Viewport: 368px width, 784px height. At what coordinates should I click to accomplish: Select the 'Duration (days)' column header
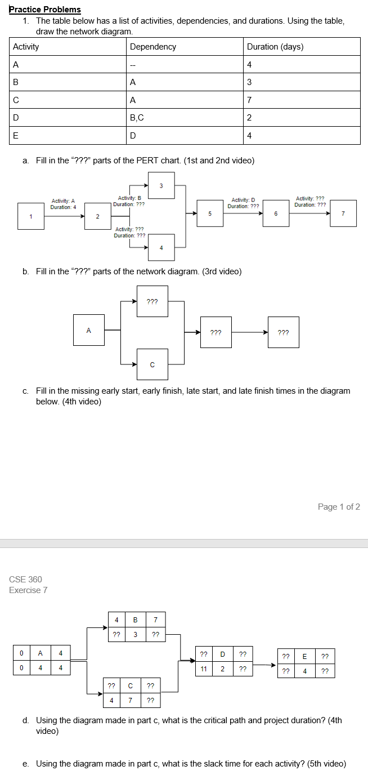[x=275, y=47]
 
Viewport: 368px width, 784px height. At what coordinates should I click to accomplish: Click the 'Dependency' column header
[x=153, y=47]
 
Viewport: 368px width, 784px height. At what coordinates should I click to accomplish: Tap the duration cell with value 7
[x=249, y=100]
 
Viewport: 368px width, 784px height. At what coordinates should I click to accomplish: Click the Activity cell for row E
[x=16, y=136]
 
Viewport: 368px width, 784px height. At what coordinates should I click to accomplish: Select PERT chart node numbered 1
[x=31, y=216]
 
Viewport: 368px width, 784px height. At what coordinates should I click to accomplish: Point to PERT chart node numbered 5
[x=210, y=213]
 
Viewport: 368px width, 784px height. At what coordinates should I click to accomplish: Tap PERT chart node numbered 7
[x=343, y=213]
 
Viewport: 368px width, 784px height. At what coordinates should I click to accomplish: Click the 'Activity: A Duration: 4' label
[x=63, y=204]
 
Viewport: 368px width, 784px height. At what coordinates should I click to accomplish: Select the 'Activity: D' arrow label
[x=243, y=201]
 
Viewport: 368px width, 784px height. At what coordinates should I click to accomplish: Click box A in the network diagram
[x=88, y=330]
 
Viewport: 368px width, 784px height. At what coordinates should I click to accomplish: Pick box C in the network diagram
[x=152, y=364]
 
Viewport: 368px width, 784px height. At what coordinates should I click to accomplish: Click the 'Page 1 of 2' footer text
[x=339, y=507]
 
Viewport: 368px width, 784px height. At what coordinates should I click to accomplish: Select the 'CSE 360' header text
[x=25, y=580]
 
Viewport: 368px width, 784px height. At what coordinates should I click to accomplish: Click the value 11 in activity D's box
[x=204, y=669]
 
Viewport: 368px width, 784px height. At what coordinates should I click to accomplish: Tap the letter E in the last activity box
[x=304, y=656]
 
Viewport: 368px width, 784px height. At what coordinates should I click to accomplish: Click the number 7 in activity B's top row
[x=155, y=620]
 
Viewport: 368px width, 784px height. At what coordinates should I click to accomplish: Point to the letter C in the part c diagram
[x=130, y=686]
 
